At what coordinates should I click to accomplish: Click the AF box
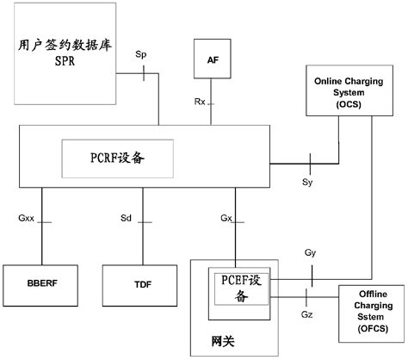212,61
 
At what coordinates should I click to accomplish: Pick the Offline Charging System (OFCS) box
373,309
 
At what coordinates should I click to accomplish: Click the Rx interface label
199,102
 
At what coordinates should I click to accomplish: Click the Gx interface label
226,219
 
